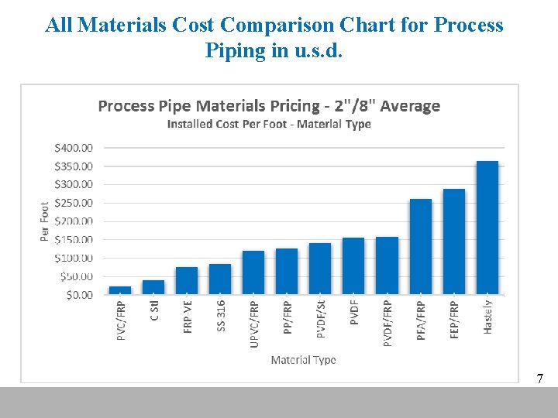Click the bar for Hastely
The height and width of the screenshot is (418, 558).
pyautogui.click(x=487, y=228)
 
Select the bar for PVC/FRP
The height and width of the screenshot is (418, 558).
pyautogui.click(x=120, y=290)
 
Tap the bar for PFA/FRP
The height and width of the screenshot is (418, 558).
pyautogui.click(x=420, y=247)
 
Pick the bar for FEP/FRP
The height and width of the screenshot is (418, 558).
pyautogui.click(x=453, y=242)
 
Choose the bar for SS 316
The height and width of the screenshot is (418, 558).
pyautogui.click(x=220, y=279)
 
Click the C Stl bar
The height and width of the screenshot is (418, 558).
pyautogui.click(x=153, y=287)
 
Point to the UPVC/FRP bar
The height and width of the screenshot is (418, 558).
pyautogui.click(x=253, y=272)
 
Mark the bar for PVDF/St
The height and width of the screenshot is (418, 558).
pyautogui.click(x=320, y=269)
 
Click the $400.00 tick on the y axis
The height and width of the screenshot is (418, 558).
pyautogui.click(x=74, y=147)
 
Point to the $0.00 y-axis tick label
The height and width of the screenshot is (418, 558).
pyautogui.click(x=78, y=295)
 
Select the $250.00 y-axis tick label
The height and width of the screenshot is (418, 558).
pyautogui.click(x=74, y=203)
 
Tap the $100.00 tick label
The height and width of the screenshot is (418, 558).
pyautogui.click(x=74, y=258)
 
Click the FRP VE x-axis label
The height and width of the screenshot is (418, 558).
pyautogui.click(x=188, y=317)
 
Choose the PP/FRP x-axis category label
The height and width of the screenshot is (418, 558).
pyautogui.click(x=288, y=319)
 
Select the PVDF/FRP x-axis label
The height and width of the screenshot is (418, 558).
pyautogui.click(x=387, y=323)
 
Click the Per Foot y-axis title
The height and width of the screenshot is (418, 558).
pyautogui.click(x=44, y=221)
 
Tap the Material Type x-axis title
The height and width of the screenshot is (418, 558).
pyautogui.click(x=303, y=360)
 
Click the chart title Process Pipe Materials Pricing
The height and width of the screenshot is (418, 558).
pyautogui.click(x=269, y=106)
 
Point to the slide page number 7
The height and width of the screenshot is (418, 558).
pyautogui.click(x=539, y=379)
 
